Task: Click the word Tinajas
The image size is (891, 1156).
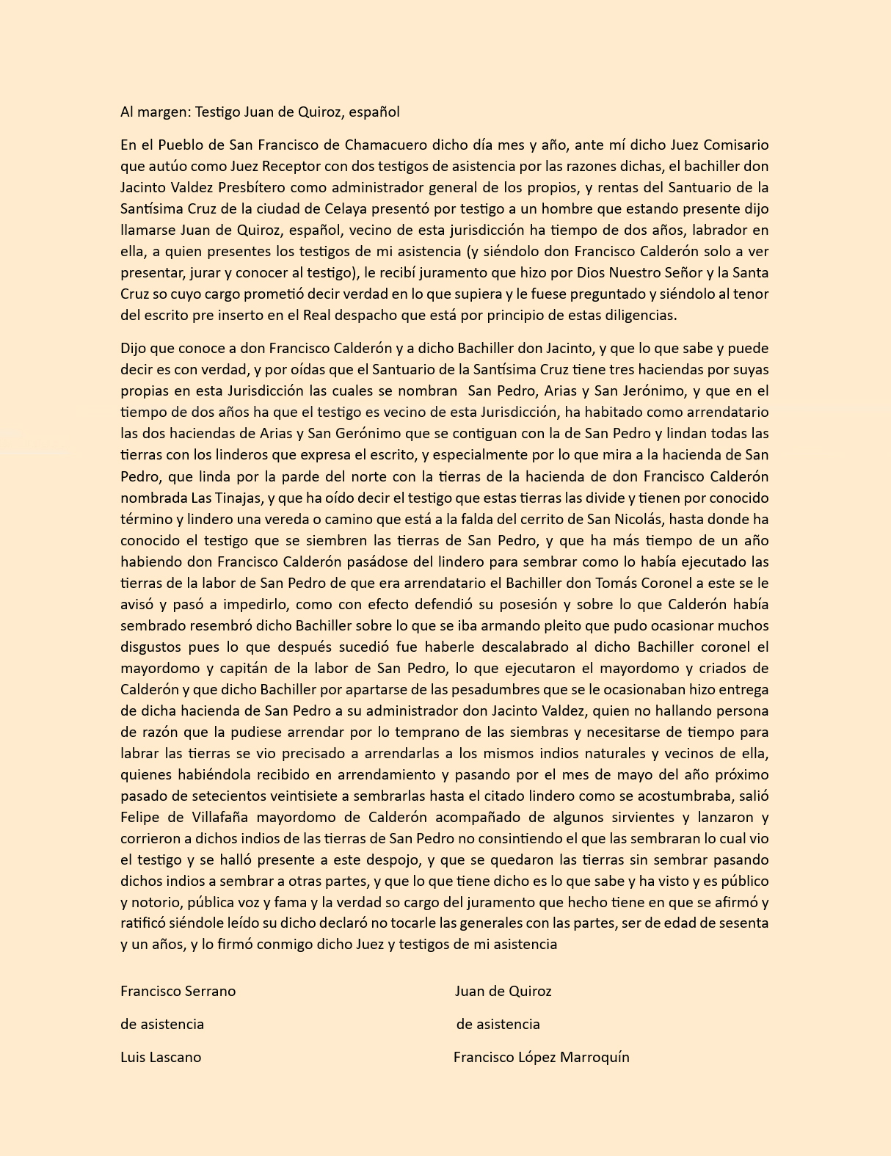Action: tap(237, 498)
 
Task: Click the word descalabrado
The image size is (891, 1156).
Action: tap(514, 647)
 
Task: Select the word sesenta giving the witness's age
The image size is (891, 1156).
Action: tap(742, 923)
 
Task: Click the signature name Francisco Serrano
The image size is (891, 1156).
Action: tap(178, 991)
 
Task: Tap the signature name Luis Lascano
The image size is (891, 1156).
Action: tap(161, 1057)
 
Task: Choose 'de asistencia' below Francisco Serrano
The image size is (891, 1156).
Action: tap(162, 1024)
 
